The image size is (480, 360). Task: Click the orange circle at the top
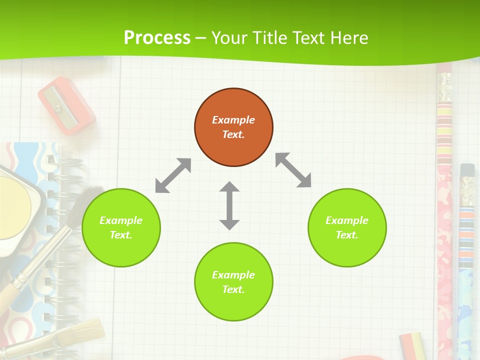click(233, 127)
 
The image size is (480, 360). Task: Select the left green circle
click(121, 227)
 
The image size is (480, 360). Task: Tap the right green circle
click(347, 227)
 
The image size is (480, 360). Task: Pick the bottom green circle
click(233, 282)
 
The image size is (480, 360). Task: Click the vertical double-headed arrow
click(229, 205)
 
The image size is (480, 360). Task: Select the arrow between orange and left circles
click(173, 175)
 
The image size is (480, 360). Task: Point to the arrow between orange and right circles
click(293, 170)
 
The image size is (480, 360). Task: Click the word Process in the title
click(157, 37)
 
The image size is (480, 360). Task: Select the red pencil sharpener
click(66, 105)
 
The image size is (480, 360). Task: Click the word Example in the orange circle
click(233, 120)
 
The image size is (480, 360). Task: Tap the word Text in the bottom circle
click(233, 289)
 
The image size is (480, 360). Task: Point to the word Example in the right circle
click(347, 220)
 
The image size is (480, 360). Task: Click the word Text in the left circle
click(121, 235)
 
